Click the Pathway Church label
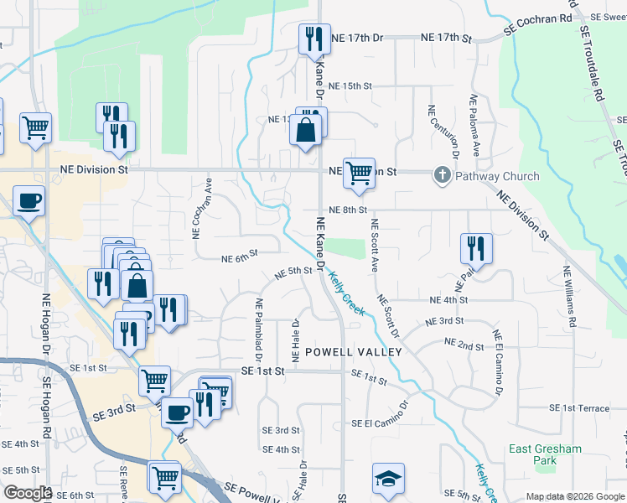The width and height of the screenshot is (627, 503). tap(497, 176)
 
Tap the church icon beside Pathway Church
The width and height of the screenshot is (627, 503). tap(442, 176)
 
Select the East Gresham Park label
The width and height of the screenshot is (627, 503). tap(545, 454)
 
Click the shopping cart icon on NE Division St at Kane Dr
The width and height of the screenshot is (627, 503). tap(359, 173)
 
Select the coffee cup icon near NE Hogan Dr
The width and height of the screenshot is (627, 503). tap(29, 201)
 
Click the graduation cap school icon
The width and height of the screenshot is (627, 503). tap(388, 479)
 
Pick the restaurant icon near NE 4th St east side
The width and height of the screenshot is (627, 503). tap(475, 248)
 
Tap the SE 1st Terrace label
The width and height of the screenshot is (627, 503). tap(579, 407)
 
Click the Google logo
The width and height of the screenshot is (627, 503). tap(28, 493)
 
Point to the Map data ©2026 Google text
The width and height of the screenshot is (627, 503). tap(575, 496)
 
